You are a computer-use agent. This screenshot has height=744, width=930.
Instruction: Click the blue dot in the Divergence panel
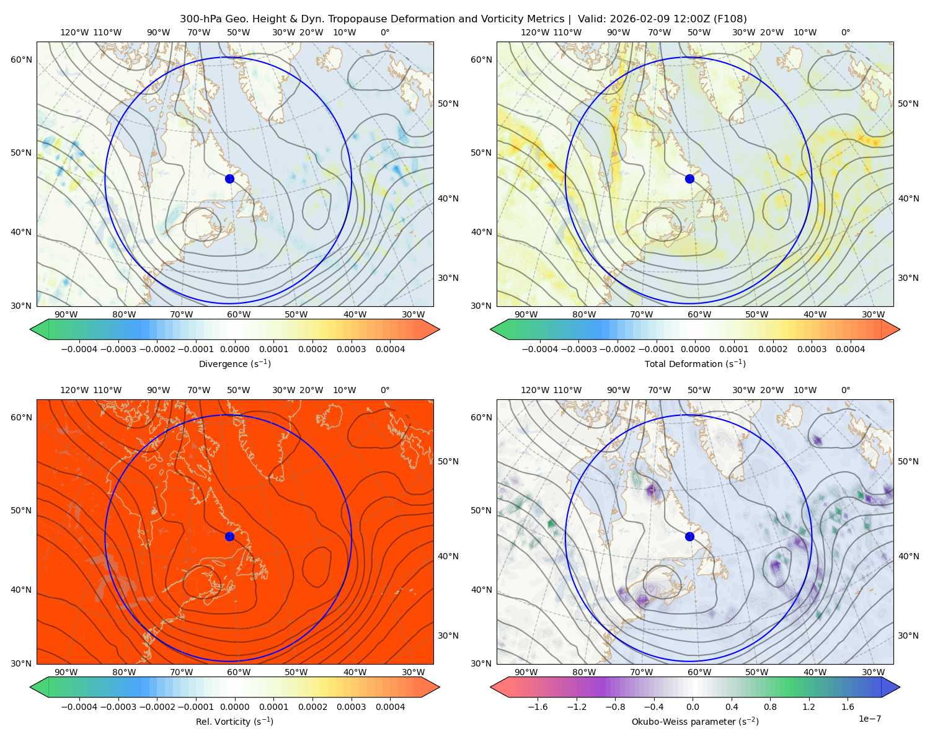(x=229, y=179)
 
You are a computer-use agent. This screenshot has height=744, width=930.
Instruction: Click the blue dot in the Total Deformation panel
(x=689, y=179)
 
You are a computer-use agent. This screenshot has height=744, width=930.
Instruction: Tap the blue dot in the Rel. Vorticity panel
(x=229, y=536)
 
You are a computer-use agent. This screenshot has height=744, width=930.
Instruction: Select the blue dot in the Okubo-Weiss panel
(x=689, y=536)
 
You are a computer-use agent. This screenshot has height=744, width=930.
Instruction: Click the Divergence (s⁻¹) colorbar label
(x=234, y=364)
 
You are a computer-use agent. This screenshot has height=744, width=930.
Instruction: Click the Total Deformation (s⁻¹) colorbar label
(x=695, y=364)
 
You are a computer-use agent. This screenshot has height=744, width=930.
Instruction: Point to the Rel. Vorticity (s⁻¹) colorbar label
(x=234, y=722)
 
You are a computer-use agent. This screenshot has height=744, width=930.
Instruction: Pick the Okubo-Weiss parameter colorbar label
(x=695, y=722)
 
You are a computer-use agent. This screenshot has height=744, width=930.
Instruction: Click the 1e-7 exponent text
(x=870, y=719)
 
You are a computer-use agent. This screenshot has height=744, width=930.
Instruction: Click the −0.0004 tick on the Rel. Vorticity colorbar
(x=78, y=707)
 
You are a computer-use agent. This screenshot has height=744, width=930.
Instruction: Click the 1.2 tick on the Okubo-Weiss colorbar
(x=808, y=707)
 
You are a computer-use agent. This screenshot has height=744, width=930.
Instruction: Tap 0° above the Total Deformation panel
(x=846, y=33)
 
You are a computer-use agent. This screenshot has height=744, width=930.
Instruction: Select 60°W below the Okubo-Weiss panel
(x=699, y=672)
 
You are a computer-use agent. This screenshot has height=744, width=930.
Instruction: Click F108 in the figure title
(x=731, y=19)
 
